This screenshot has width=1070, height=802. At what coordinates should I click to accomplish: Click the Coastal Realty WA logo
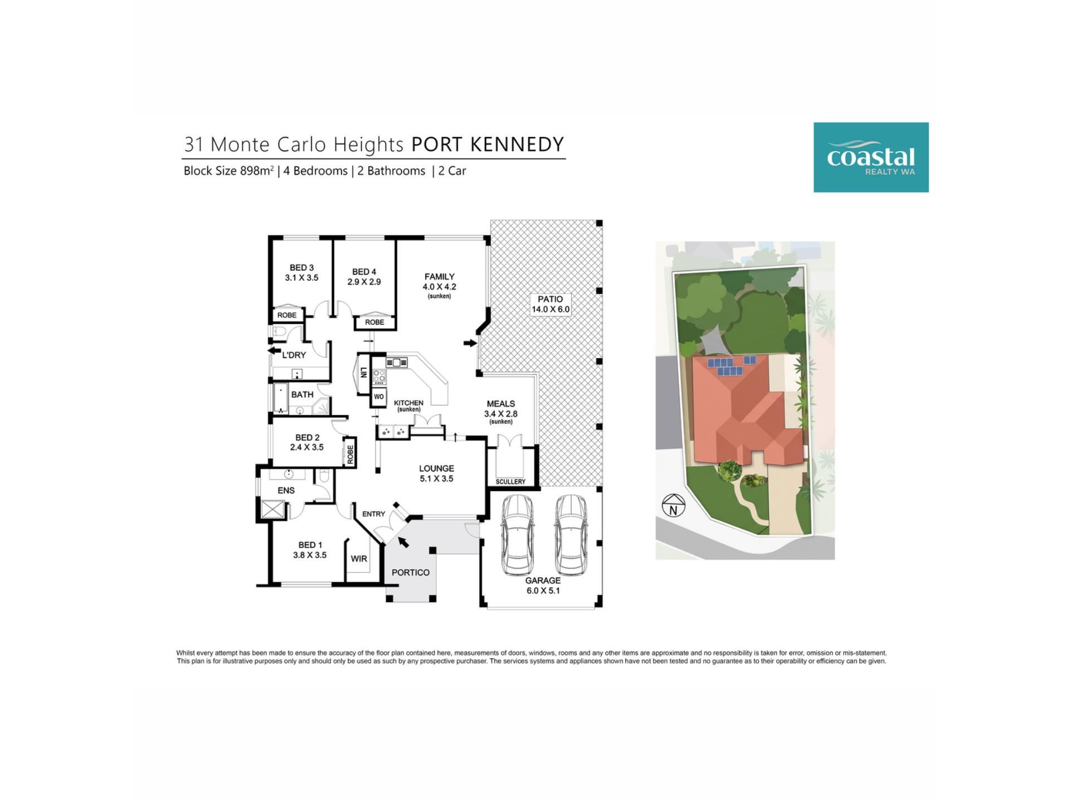pyautogui.click(x=870, y=157)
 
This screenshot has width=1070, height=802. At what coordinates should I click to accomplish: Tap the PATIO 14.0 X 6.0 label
pyautogui.click(x=551, y=304)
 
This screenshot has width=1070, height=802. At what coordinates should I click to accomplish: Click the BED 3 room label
pyautogui.click(x=301, y=272)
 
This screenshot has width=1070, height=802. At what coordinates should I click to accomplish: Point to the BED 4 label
pyautogui.click(x=364, y=277)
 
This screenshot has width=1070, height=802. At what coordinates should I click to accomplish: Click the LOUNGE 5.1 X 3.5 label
pyautogui.click(x=436, y=473)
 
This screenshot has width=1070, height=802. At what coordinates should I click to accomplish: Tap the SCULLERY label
pyautogui.click(x=510, y=482)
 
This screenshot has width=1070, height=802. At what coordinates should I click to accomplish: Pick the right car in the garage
pyautogui.click(x=570, y=535)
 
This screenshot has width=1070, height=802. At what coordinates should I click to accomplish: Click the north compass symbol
pyautogui.click(x=673, y=506)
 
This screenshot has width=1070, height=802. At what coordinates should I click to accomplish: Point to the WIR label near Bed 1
pyautogui.click(x=359, y=559)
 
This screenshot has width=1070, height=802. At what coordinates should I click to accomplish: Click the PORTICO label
pyautogui.click(x=410, y=573)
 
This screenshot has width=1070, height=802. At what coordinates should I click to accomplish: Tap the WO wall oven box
pyautogui.click(x=379, y=397)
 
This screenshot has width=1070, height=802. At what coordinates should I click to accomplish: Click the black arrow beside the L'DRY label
pyautogui.click(x=274, y=351)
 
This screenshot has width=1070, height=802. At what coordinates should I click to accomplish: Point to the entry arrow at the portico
pyautogui.click(x=403, y=541)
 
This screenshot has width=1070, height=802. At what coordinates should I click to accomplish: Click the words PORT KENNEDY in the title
pyautogui.click(x=488, y=144)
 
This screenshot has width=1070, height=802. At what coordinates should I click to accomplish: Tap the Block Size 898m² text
pyautogui.click(x=228, y=171)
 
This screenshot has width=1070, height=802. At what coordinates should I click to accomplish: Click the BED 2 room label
pyautogui.click(x=307, y=442)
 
